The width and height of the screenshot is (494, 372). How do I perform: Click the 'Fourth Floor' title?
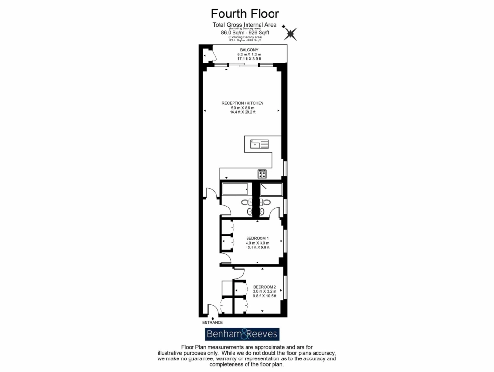pyautogui.click(x=245, y=14)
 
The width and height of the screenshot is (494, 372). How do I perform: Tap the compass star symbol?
pyautogui.click(x=290, y=33)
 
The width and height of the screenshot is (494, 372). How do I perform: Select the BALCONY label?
pyautogui.click(x=249, y=50)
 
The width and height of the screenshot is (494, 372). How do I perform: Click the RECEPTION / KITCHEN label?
pyautogui.click(x=243, y=103)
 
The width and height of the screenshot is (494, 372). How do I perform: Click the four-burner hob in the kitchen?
pyautogui.click(x=262, y=174)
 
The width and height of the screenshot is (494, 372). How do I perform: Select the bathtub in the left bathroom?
pyautogui.click(x=235, y=190)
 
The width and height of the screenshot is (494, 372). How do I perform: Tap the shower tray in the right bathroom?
pyautogui.click(x=271, y=190)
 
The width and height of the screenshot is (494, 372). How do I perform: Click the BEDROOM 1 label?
pyautogui.click(x=257, y=238)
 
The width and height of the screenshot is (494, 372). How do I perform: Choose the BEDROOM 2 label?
pyautogui.click(x=264, y=287)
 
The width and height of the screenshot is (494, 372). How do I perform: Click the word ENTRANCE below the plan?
pyautogui.click(x=212, y=322)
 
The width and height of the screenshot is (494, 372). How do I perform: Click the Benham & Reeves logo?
pyautogui.click(x=242, y=334)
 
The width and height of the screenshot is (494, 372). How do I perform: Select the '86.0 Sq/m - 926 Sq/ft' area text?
pyautogui.click(x=245, y=33)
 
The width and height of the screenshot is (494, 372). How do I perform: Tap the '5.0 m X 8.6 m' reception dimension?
pyautogui.click(x=243, y=108)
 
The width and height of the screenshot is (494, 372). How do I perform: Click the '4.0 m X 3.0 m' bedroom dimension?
pyautogui.click(x=257, y=243)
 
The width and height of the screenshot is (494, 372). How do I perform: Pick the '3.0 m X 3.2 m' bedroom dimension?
pyautogui.click(x=264, y=291)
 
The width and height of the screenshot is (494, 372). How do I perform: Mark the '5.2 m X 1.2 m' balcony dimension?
pyautogui.click(x=249, y=55)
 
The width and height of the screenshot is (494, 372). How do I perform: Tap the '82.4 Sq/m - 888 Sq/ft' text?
pyautogui.click(x=245, y=41)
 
